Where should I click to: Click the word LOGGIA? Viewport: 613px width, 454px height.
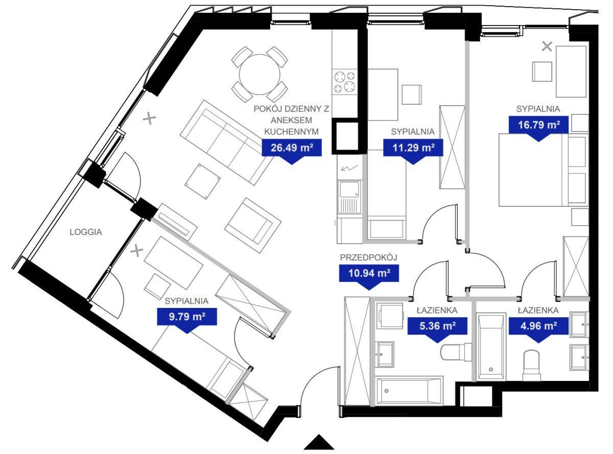click(x=86, y=232)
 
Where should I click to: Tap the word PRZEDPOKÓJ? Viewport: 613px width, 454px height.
click(x=368, y=257)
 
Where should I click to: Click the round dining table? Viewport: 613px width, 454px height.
click(x=260, y=75)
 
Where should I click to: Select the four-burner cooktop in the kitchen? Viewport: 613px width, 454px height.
click(x=345, y=82)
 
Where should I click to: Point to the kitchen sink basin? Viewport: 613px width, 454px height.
click(x=349, y=189)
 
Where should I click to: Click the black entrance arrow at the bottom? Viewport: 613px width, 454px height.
click(x=319, y=443)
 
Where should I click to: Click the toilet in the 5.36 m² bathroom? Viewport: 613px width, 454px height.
click(x=456, y=352)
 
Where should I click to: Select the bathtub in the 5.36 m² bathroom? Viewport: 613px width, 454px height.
click(x=410, y=391)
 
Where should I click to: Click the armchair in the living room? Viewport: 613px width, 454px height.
click(x=252, y=225)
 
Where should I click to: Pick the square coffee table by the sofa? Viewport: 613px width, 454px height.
click(x=203, y=181)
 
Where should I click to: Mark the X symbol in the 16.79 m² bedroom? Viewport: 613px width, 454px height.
click(x=547, y=46)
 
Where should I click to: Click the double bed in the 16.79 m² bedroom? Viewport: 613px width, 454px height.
click(x=544, y=170)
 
